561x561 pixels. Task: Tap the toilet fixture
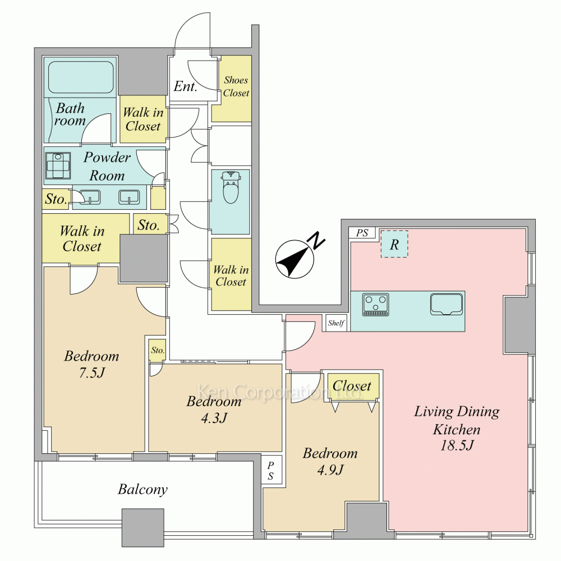(x=231, y=186)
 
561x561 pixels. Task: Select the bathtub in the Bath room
(x=80, y=77)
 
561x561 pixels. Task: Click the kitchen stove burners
(x=375, y=305)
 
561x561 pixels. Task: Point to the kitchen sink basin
(x=446, y=305)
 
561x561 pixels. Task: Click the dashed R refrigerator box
(x=394, y=243)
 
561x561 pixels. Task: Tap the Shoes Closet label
(x=236, y=86)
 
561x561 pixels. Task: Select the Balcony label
(x=142, y=489)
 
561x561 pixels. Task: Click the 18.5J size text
(x=457, y=445)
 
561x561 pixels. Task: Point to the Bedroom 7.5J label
(x=91, y=364)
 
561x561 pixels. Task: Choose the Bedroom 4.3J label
(x=214, y=410)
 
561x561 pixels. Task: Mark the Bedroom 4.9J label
(x=330, y=461)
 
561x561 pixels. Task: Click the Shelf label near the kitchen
(x=336, y=323)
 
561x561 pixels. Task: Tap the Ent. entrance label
(x=185, y=86)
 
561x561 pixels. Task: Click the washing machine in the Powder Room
(x=58, y=165)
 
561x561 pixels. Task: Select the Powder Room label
(x=107, y=167)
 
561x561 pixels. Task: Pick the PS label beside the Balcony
(x=271, y=470)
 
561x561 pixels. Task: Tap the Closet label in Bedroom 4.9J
(x=352, y=386)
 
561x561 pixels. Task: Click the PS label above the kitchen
(x=362, y=233)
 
